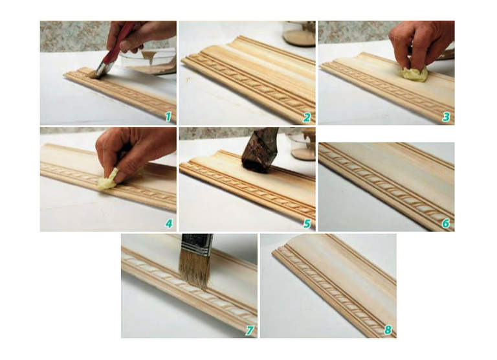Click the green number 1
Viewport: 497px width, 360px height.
[168, 117]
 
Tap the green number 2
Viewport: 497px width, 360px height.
[307, 117]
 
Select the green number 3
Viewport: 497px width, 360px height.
[447, 117]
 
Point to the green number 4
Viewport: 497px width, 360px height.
[169, 223]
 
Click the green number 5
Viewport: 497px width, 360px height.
[307, 223]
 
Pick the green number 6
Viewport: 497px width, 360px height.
[446, 223]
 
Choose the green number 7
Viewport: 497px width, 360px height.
[250, 330]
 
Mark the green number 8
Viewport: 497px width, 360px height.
[388, 330]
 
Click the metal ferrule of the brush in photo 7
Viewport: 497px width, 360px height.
[197, 244]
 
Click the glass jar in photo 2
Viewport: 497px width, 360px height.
[299, 33]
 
